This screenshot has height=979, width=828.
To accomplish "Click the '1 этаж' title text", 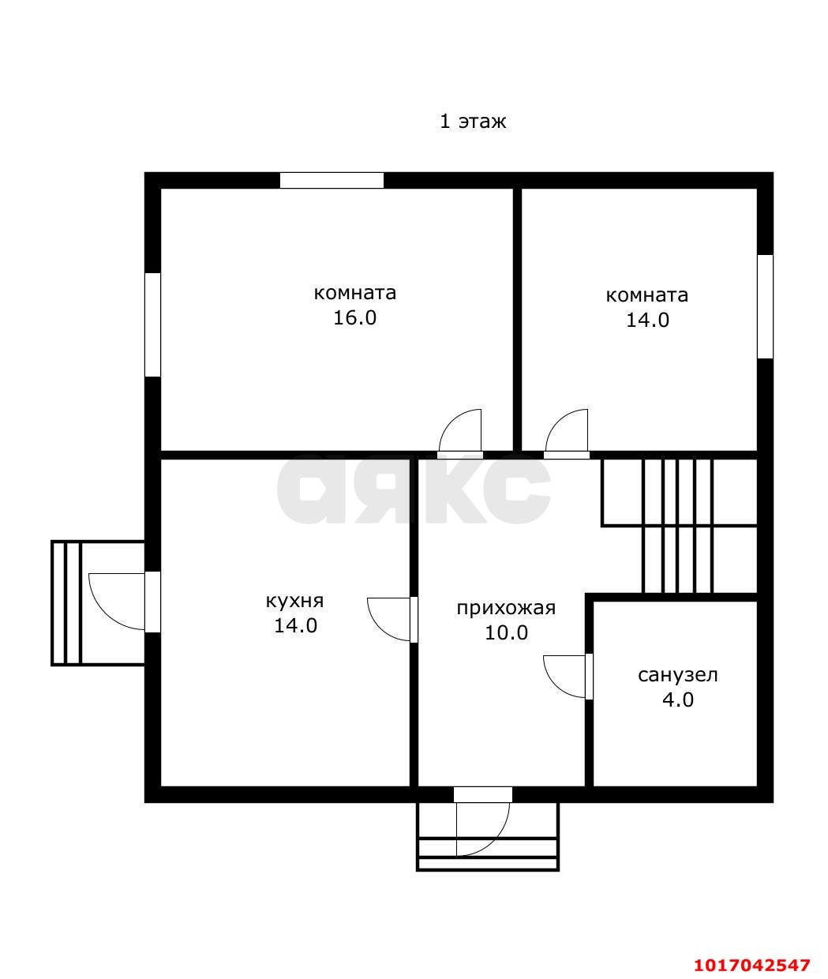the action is [x=473, y=122].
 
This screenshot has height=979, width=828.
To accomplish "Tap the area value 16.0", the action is [x=354, y=318].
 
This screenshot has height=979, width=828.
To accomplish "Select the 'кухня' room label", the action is [x=294, y=601].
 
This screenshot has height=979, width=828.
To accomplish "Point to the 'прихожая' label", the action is [x=506, y=609].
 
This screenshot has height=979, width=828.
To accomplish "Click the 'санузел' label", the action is [x=677, y=675].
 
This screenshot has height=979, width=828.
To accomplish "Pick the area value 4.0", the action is [x=677, y=700].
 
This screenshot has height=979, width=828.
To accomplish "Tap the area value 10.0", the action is [x=506, y=633].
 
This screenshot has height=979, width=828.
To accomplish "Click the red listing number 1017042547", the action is [x=752, y=962].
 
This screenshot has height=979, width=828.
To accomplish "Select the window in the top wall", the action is [x=332, y=181].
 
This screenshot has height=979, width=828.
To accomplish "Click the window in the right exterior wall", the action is [x=765, y=306].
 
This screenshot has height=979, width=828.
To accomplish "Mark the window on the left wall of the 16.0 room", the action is [x=152, y=324].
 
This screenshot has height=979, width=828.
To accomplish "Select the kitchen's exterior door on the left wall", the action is [x=152, y=602].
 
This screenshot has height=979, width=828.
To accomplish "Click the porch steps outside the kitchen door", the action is [x=66, y=603].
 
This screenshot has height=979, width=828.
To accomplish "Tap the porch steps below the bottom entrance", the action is [x=488, y=854].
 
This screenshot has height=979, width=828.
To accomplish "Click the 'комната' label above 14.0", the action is [x=646, y=295].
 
